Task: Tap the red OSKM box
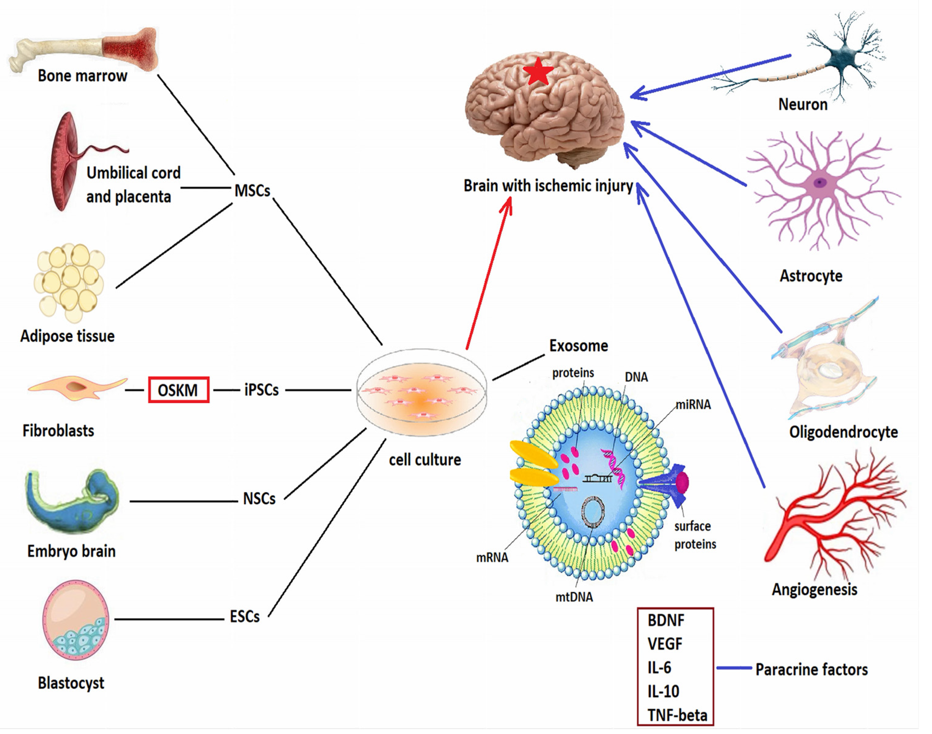[178, 390]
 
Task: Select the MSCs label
[252, 190]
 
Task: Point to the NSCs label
[259, 499]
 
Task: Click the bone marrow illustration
[86, 50]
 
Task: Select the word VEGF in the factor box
[665, 644]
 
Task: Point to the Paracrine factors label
[811, 669]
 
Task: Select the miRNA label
[693, 404]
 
